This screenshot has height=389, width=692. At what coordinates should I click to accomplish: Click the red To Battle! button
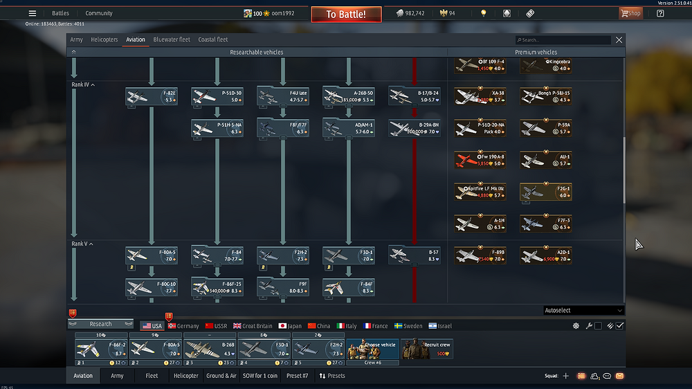click(345, 14)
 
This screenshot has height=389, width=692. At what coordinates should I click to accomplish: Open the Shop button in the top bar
click(630, 13)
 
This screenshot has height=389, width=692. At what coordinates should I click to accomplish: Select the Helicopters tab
click(104, 39)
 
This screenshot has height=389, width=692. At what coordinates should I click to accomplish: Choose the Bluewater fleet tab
click(172, 39)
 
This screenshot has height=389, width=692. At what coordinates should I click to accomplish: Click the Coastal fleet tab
click(212, 39)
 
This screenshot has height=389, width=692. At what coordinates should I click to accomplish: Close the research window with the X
click(619, 40)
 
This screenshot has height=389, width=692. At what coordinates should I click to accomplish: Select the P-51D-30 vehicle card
click(217, 96)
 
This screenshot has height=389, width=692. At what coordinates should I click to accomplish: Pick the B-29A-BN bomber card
click(414, 128)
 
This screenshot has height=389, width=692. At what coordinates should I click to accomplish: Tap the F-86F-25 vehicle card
click(217, 287)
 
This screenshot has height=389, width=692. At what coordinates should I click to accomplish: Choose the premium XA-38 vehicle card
click(480, 96)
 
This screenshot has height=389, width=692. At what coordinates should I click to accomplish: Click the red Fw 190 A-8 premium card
click(480, 160)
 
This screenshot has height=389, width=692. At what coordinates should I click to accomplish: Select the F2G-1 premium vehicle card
click(545, 192)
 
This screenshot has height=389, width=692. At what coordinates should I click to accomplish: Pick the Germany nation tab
click(183, 326)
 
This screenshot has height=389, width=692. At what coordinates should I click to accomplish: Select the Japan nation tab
click(290, 326)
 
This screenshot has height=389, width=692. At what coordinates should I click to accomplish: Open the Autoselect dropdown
click(583, 311)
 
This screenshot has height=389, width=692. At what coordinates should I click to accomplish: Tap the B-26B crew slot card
click(210, 349)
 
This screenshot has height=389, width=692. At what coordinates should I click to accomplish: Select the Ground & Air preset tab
click(221, 376)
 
